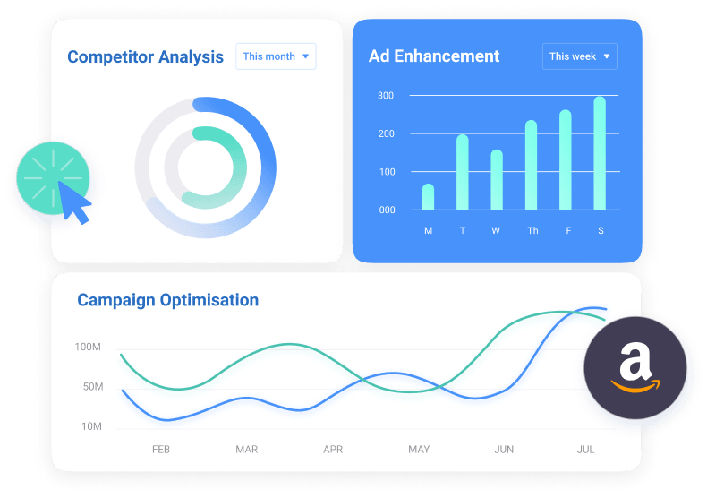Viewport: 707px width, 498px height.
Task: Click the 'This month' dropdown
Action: [x=276, y=56]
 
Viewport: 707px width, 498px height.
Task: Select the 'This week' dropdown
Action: [x=579, y=56]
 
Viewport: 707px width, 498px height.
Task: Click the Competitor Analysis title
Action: [x=145, y=56]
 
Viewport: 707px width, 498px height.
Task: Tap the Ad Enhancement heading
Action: [x=434, y=56]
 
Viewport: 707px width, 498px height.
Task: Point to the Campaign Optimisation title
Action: [x=167, y=300]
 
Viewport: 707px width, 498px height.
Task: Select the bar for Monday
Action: [x=428, y=197]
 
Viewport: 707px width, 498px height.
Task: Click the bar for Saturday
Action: [x=600, y=153]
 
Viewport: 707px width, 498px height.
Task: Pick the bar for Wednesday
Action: [x=497, y=180]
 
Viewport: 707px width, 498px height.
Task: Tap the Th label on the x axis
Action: [x=532, y=230]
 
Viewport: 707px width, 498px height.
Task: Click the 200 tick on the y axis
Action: [x=387, y=133]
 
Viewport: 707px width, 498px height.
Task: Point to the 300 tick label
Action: [x=386, y=96]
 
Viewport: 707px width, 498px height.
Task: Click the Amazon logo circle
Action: [x=635, y=367]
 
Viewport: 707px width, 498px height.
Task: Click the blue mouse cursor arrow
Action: [x=73, y=202]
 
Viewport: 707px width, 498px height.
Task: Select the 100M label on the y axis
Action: [x=88, y=347]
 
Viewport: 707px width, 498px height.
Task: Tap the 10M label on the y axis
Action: [x=91, y=426]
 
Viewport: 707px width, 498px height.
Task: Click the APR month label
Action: [x=333, y=450]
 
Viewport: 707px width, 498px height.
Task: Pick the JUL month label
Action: [x=585, y=450]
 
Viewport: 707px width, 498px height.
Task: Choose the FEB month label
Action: [x=161, y=450]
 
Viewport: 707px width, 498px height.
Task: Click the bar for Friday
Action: [x=566, y=159]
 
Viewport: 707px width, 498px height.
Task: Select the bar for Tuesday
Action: [x=462, y=172]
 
